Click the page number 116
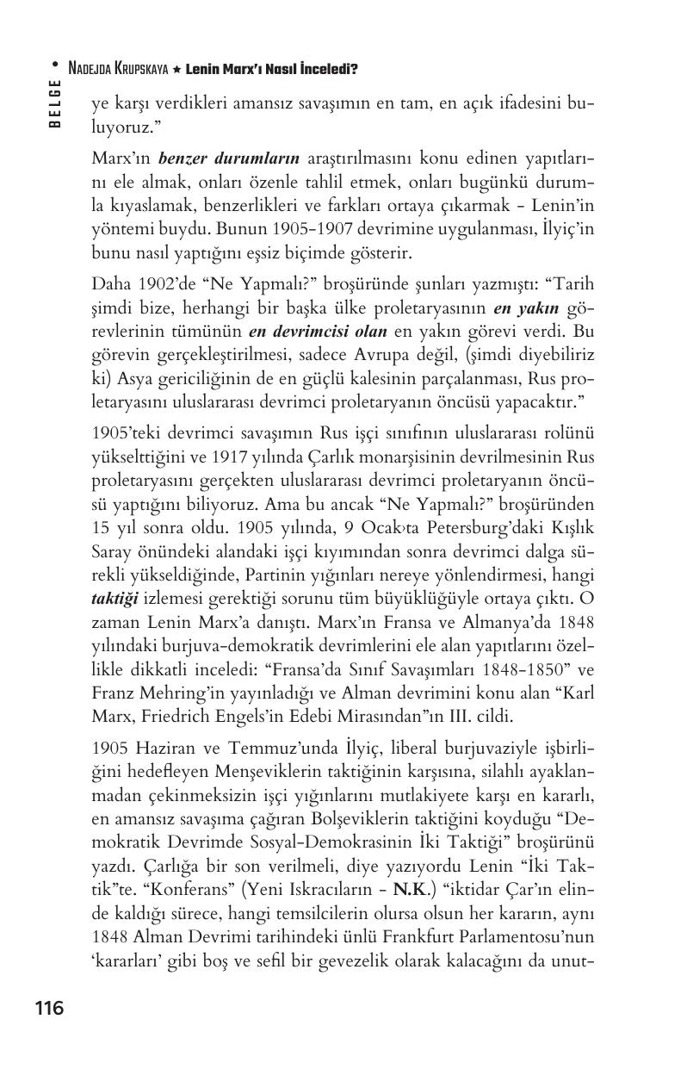coord(49,1008)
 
